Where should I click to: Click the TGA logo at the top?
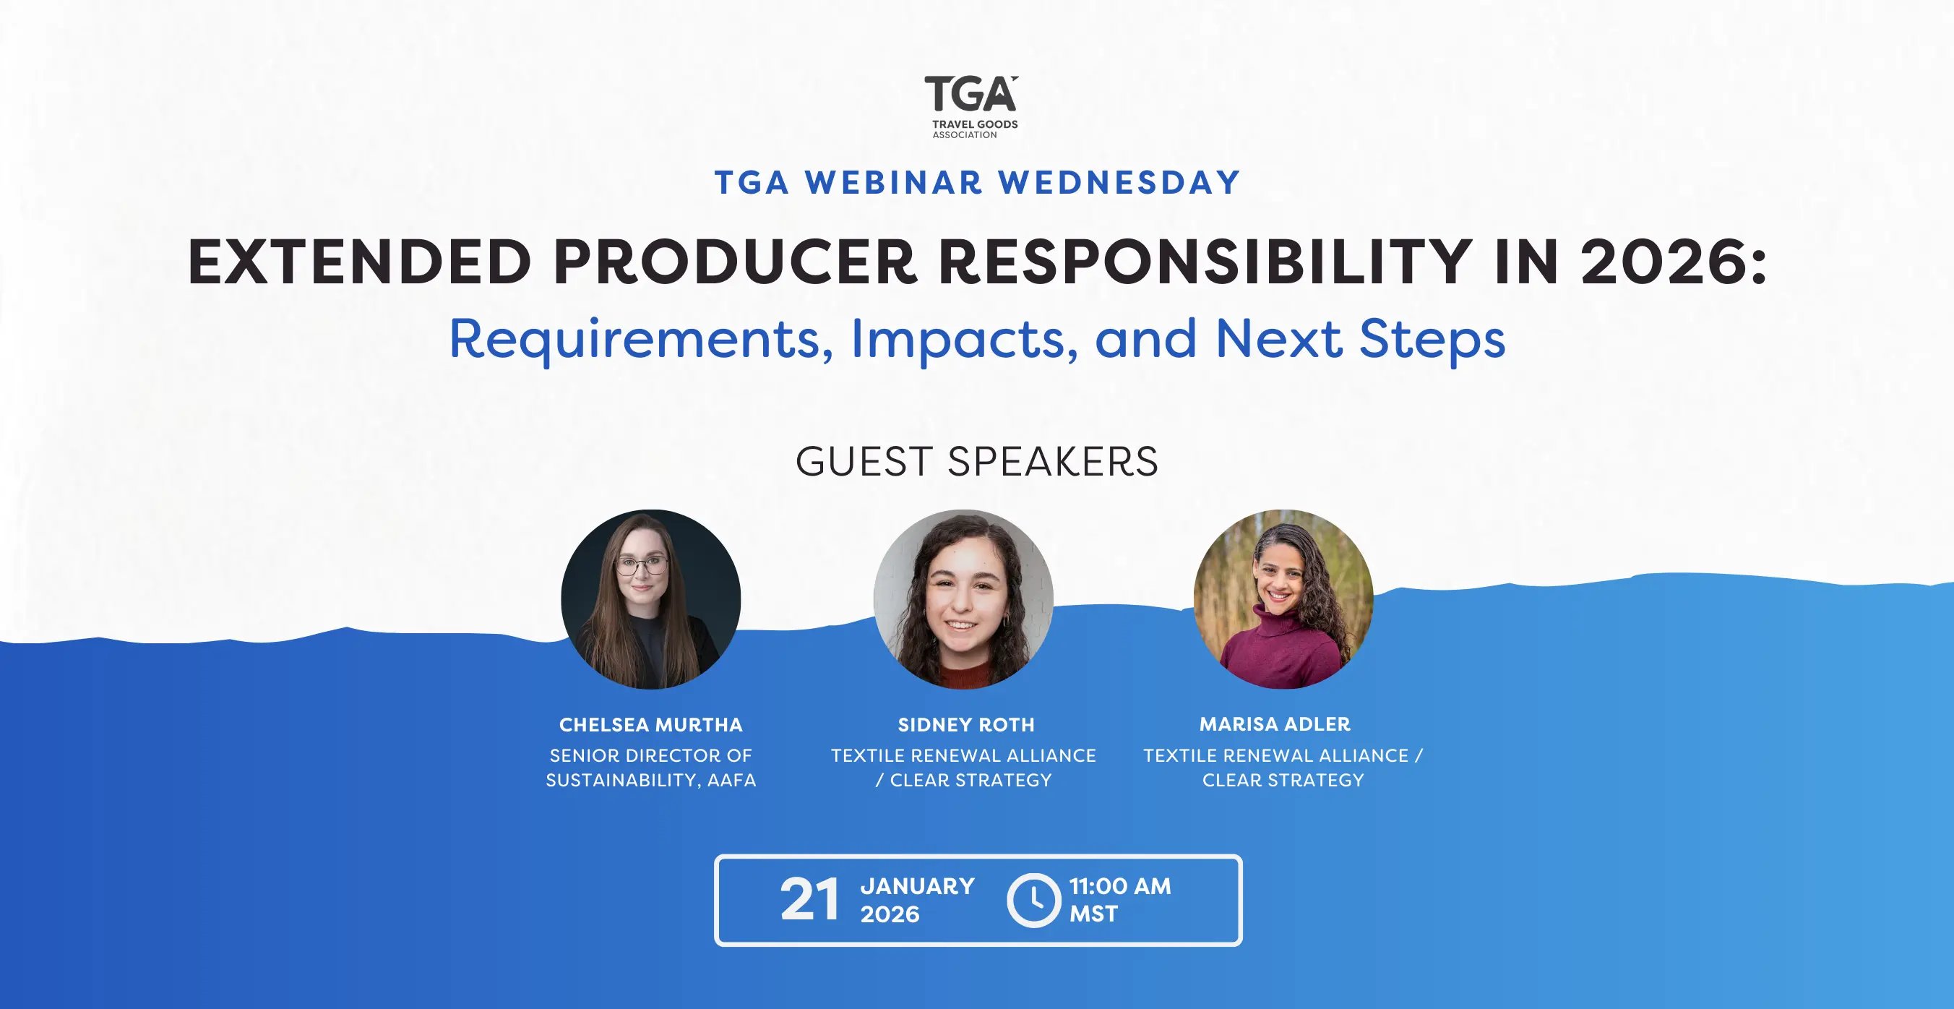point(972,107)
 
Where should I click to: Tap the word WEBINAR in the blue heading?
point(895,183)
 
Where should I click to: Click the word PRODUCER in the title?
point(735,262)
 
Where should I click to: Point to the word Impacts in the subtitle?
point(964,340)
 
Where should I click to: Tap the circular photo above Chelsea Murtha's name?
point(651,599)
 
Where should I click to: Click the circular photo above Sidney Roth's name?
point(963,599)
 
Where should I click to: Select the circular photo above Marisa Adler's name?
point(1283,599)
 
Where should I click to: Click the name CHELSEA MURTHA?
point(651,724)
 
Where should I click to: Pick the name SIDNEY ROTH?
point(965,724)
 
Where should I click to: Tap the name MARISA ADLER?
point(1275,724)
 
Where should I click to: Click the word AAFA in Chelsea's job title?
point(731,780)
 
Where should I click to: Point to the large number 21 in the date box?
point(809,900)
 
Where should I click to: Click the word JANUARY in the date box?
point(917,886)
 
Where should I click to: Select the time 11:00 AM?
point(1119,886)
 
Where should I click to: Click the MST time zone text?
point(1093,914)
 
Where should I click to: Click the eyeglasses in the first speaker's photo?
point(642,565)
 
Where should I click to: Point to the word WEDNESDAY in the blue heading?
point(1119,183)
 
